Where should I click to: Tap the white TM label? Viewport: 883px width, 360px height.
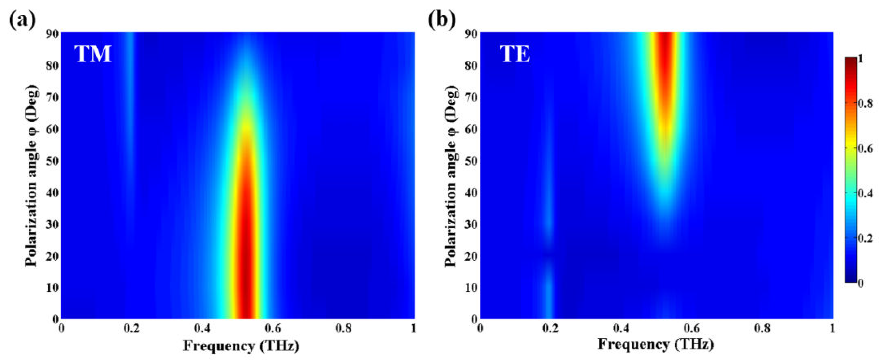[93, 54]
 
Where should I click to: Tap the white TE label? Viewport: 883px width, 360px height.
[515, 54]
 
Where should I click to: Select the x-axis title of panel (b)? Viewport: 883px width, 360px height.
[656, 344]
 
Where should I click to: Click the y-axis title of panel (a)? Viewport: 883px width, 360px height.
[31, 175]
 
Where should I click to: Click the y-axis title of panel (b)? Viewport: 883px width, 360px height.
[451, 175]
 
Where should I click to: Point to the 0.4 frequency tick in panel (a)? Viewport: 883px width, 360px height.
[202, 329]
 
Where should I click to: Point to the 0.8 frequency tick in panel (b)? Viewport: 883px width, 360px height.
[762, 329]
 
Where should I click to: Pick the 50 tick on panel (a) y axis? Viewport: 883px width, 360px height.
[52, 161]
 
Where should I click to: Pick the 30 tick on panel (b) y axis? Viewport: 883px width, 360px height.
[471, 225]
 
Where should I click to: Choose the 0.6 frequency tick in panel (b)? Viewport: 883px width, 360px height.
[692, 329]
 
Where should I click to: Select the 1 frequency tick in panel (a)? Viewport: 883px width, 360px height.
[413, 329]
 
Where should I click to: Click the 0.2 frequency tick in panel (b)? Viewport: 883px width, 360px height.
[551, 329]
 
